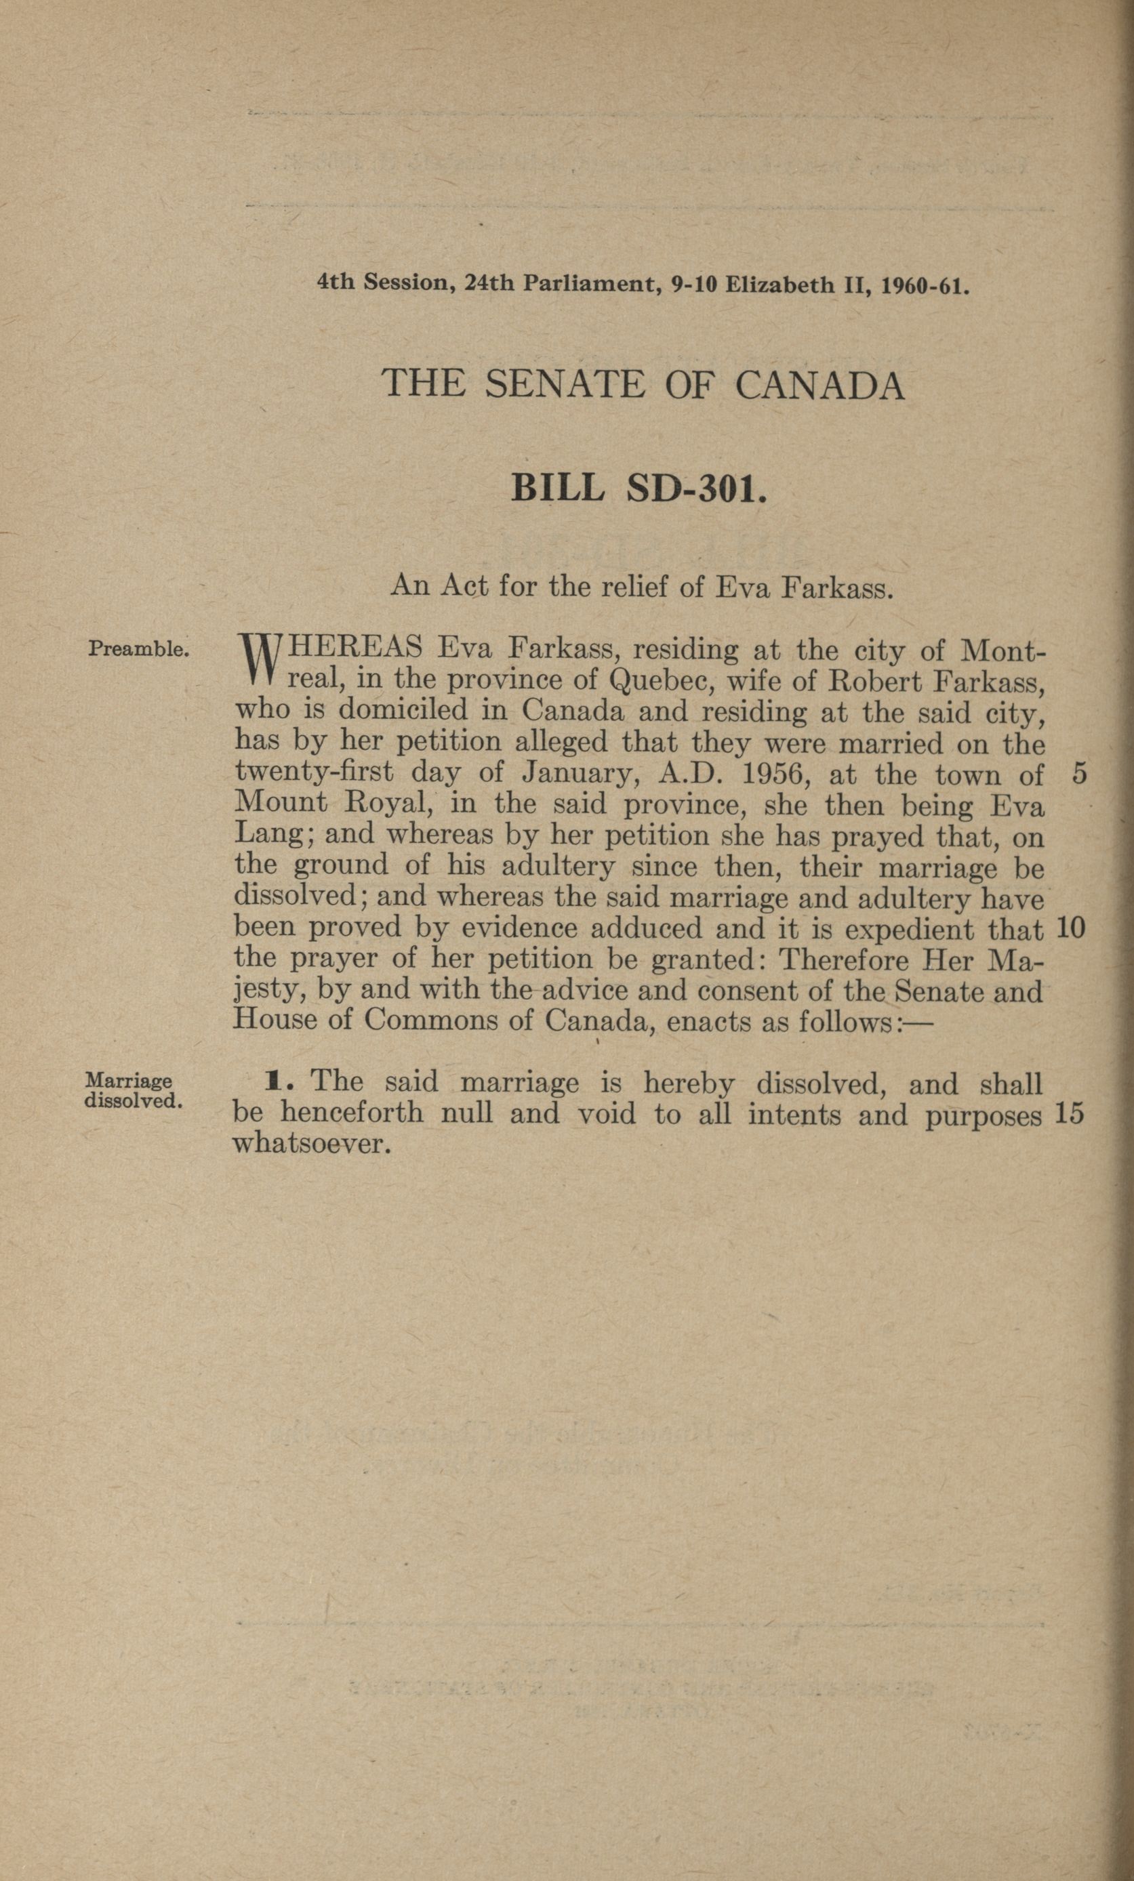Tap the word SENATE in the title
(x=565, y=384)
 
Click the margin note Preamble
(x=138, y=650)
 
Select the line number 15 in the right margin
(x=1068, y=1115)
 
